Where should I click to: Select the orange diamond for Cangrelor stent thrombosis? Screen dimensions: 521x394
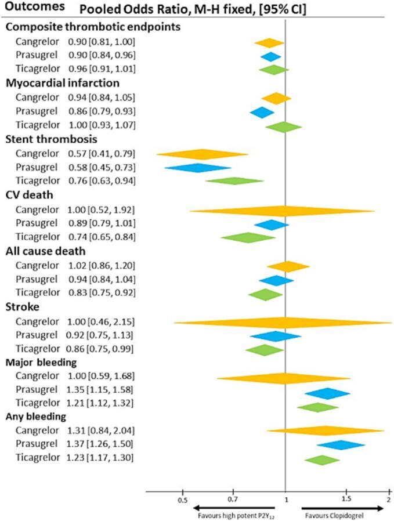click(203, 154)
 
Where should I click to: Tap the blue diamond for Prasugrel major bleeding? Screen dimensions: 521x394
click(327, 393)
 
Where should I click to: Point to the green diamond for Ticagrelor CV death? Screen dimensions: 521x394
click(248, 237)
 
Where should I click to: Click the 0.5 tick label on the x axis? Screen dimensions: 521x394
click(182, 499)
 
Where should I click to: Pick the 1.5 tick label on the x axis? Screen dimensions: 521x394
click(346, 499)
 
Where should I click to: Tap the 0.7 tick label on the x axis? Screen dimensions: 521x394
click(233, 499)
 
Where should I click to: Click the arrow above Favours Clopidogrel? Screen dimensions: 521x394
click(342, 508)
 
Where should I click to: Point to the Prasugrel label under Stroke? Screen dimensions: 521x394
click(37, 335)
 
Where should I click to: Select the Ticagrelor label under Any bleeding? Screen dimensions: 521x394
click(37, 458)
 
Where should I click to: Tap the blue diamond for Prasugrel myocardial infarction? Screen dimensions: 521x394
click(262, 112)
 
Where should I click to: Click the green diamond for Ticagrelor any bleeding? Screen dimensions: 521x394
click(322, 460)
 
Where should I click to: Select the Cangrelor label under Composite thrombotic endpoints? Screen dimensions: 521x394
click(37, 42)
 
